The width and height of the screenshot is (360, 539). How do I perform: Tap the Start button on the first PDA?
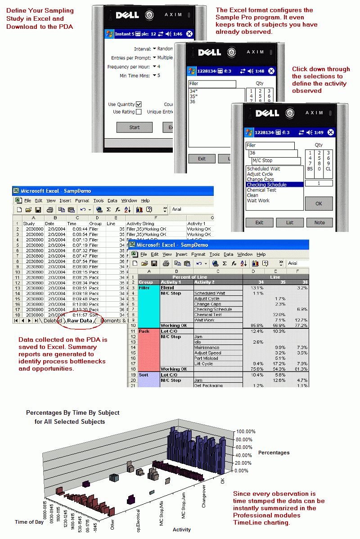(x=134, y=127)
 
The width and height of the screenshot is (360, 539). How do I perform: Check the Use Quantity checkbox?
(x=139, y=104)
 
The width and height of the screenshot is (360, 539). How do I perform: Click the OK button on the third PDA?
(x=319, y=204)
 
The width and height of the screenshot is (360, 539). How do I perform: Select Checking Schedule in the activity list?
(x=267, y=185)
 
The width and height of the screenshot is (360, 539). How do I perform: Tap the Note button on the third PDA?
(x=319, y=222)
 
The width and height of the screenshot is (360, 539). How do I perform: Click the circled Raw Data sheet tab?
(x=79, y=321)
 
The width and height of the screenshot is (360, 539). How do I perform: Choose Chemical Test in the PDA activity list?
(x=261, y=190)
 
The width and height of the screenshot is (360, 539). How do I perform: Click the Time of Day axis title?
(x=30, y=522)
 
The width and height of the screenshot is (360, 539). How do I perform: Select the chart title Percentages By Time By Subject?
(x=72, y=412)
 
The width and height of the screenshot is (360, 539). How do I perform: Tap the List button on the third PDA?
(x=289, y=222)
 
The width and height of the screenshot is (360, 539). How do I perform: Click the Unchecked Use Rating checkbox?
(x=139, y=112)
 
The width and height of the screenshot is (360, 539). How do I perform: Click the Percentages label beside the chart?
(x=274, y=453)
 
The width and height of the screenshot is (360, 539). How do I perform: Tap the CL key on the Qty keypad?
(x=328, y=168)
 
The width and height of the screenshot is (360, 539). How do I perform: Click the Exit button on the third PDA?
(x=259, y=222)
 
